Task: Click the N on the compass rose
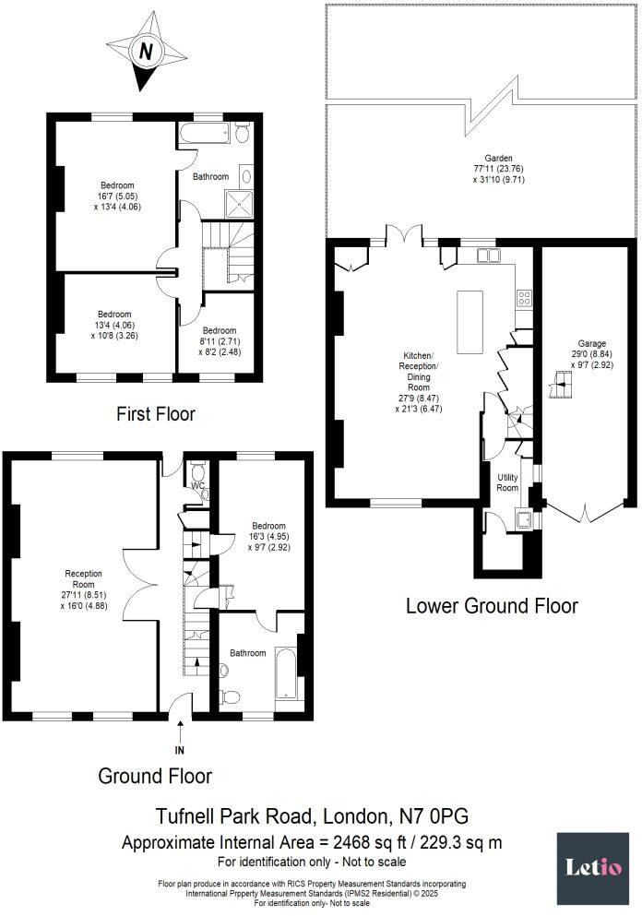[146, 52]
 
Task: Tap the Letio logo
[592, 868]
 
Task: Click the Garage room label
[592, 343]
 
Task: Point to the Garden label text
[498, 158]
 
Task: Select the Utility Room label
[507, 482]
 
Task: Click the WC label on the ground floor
[197, 485]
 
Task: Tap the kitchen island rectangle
[470, 322]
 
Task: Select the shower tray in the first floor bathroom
[239, 204]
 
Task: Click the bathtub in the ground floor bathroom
[286, 673]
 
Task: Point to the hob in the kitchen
[524, 299]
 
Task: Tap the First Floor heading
[155, 414]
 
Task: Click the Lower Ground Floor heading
[492, 606]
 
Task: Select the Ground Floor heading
[155, 776]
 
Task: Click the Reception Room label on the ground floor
[84, 579]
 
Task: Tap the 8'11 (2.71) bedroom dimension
[220, 341]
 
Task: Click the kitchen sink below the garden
[487, 256]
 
